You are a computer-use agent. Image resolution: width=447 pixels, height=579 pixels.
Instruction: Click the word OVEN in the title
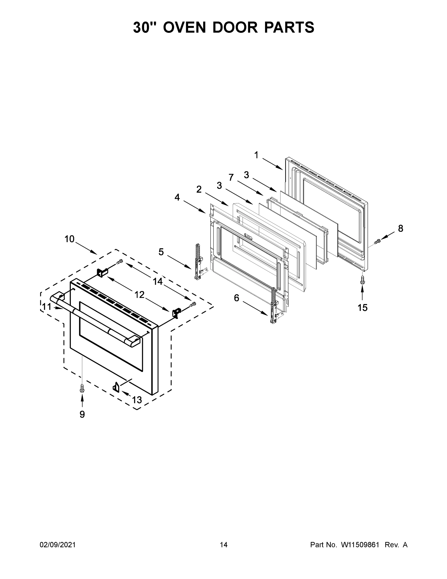184,27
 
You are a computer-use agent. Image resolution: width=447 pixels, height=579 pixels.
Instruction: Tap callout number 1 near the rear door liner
256,155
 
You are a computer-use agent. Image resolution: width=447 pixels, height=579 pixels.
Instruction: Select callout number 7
231,177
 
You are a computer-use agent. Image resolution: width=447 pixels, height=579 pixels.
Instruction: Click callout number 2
199,189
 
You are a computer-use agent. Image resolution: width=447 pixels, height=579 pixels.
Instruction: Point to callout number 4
177,197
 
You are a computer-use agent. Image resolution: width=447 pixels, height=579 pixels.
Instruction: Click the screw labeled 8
377,241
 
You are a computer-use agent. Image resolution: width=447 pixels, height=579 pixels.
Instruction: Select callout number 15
362,308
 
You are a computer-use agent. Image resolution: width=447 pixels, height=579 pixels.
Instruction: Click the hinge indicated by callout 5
198,262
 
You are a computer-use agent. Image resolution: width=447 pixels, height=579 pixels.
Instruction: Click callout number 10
69,239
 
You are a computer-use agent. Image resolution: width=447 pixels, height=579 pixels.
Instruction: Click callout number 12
140,294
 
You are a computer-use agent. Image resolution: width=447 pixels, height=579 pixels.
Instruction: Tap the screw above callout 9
82,389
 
